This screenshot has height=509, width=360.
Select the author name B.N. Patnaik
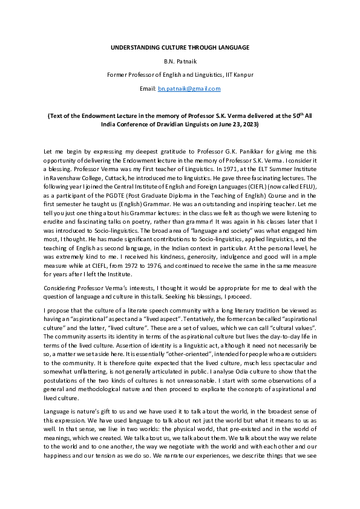180,60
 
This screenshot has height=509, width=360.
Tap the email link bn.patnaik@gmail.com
189,88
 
